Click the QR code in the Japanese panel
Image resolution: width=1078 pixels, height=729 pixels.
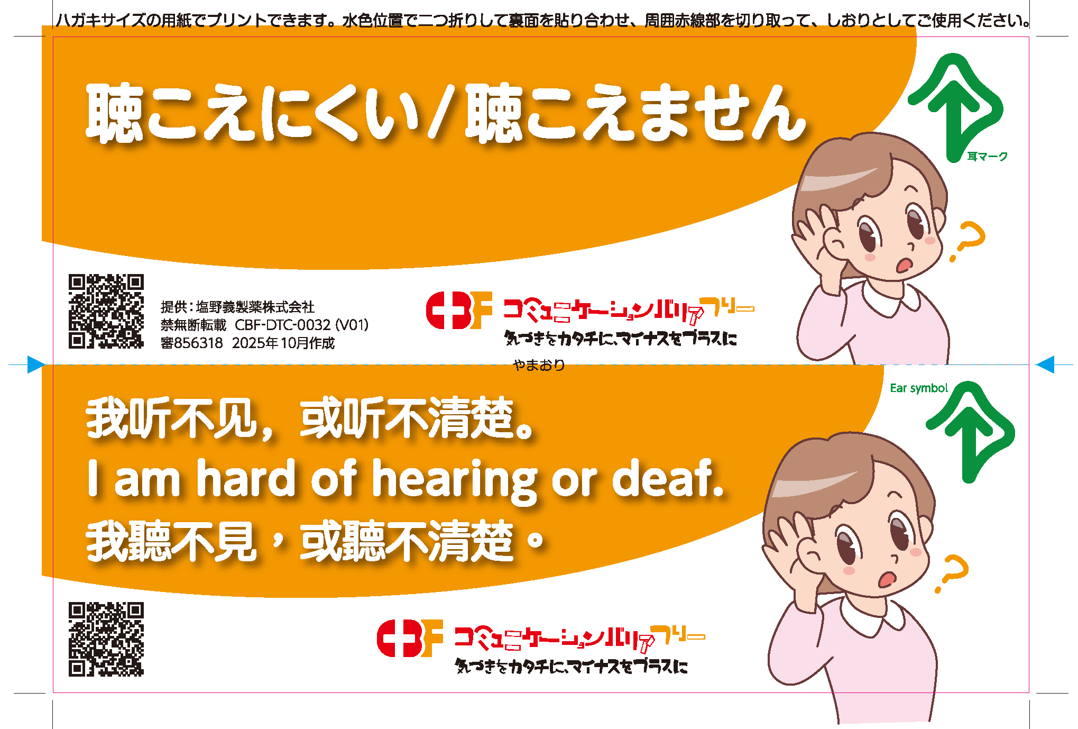click(x=106, y=311)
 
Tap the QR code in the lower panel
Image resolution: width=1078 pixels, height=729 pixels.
click(x=106, y=639)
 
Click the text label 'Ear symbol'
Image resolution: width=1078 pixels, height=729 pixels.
click(x=919, y=388)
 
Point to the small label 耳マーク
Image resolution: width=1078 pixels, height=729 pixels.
click(x=987, y=157)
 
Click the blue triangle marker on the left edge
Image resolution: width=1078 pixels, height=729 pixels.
click(x=35, y=364)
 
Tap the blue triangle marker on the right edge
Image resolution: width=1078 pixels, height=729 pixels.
click(x=1045, y=364)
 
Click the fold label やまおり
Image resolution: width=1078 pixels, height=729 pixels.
click(x=539, y=365)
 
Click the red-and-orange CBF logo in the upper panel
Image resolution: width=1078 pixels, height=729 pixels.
click(x=459, y=311)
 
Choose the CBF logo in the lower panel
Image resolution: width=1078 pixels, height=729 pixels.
click(x=410, y=639)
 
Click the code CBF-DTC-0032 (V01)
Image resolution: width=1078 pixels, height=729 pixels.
click(x=301, y=325)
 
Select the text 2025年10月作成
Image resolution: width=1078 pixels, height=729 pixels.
click(x=283, y=343)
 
